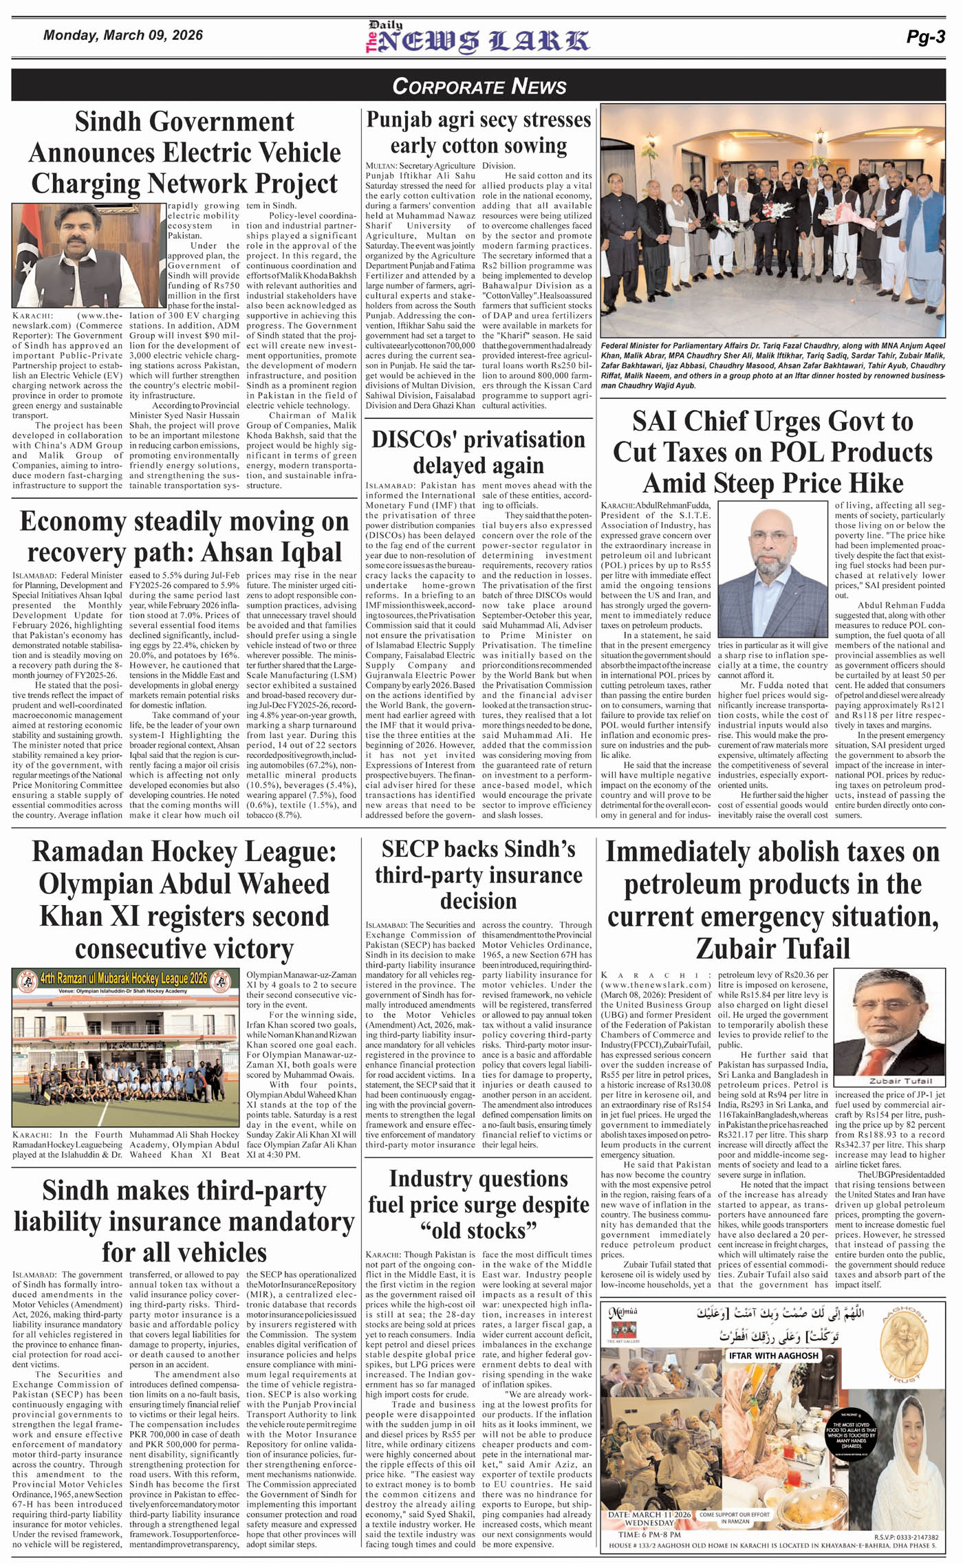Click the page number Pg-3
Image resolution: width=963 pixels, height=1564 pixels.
click(925, 38)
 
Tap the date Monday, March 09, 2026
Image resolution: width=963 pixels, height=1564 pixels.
click(123, 35)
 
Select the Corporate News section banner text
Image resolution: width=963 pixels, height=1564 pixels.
click(479, 86)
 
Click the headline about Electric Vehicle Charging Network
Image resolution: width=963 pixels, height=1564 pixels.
click(184, 153)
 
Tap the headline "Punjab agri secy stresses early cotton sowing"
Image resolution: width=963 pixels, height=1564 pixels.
click(478, 133)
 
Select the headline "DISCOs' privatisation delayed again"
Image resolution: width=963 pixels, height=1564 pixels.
click(478, 452)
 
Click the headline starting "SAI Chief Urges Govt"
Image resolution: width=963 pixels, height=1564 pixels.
click(772, 452)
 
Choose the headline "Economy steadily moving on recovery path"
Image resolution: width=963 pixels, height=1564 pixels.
click(184, 536)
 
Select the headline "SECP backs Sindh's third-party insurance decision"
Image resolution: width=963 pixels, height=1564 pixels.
click(478, 874)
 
